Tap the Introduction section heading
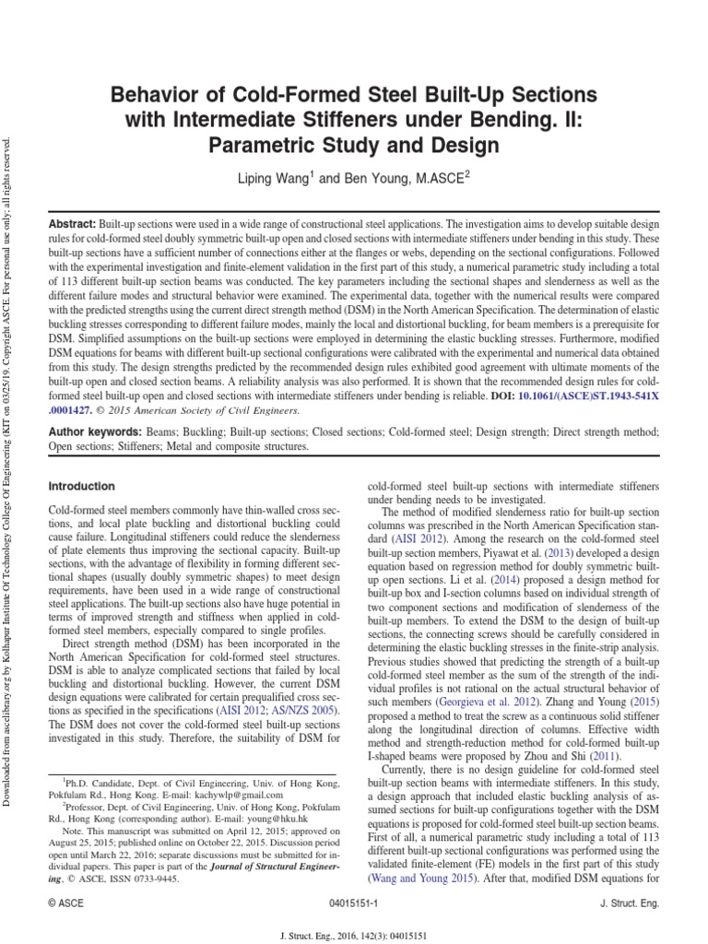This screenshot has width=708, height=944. [x=82, y=486]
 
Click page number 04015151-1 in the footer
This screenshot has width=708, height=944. [x=354, y=904]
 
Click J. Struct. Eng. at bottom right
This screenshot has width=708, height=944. [x=629, y=904]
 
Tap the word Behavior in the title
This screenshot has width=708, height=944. [x=152, y=94]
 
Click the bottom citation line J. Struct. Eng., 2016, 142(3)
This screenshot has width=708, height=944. [x=354, y=932]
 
